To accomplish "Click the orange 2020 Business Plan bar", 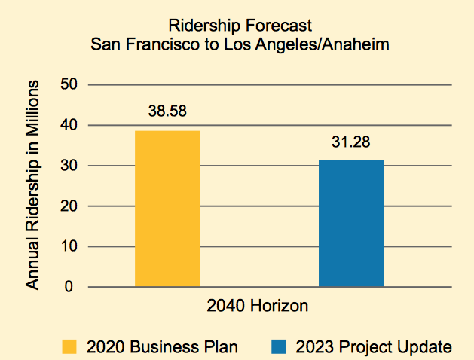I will [x=167, y=209].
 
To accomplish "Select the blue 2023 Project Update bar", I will [x=351, y=223].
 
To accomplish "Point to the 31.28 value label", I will [x=351, y=142].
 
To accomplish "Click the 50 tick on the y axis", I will [x=70, y=84].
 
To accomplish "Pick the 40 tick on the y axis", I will [x=70, y=125].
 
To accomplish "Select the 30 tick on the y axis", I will [x=70, y=166].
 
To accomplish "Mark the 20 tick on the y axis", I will [x=70, y=206].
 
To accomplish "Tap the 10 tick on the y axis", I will [x=70, y=247].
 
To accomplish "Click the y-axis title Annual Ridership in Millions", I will [x=32, y=185].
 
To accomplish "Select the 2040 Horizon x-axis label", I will [x=257, y=307].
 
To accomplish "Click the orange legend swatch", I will [x=69, y=346].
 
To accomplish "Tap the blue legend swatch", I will [x=279, y=346].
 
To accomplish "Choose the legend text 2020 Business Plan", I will [x=163, y=346].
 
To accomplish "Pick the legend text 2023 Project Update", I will [x=374, y=346].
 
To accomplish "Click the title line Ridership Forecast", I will [x=240, y=26].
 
